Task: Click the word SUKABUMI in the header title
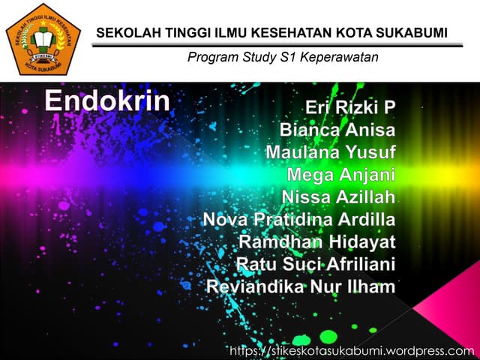[410, 32]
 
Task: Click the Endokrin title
[107, 101]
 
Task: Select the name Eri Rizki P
[350, 108]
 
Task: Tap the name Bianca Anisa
[337, 130]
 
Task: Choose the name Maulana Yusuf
[330, 153]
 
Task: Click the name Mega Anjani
[340, 175]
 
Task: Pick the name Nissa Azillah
[338, 198]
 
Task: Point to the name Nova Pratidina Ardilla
[299, 220]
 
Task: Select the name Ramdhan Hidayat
[316, 242]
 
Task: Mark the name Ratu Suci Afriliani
[315, 264]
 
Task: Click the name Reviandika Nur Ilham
[301, 286]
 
